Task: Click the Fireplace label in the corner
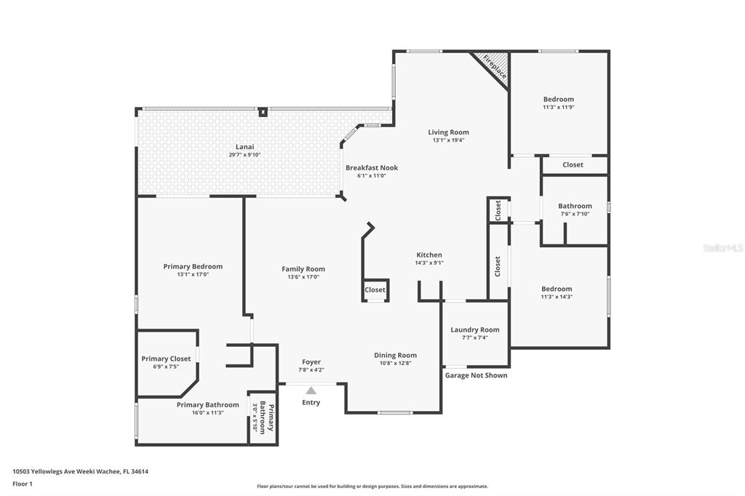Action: tap(495, 66)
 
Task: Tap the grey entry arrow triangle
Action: tap(311, 391)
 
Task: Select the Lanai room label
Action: tap(244, 147)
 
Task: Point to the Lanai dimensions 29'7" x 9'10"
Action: tap(244, 155)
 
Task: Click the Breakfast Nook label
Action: tap(372, 168)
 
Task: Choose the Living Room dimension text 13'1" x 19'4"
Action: tap(448, 140)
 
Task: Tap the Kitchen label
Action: tap(429, 255)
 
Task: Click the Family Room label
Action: tap(303, 269)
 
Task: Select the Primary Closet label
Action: tap(166, 359)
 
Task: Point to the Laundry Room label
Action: tap(474, 329)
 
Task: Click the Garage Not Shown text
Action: tap(476, 375)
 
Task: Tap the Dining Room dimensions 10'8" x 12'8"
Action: tap(395, 363)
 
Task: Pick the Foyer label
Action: tap(311, 362)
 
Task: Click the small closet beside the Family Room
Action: tap(375, 289)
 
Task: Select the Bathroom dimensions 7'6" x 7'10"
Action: tap(575, 214)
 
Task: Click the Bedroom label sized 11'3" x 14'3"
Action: tap(557, 289)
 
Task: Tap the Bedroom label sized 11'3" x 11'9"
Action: tap(558, 100)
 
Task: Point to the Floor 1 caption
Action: tap(23, 484)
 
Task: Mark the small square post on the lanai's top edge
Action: tap(263, 112)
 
